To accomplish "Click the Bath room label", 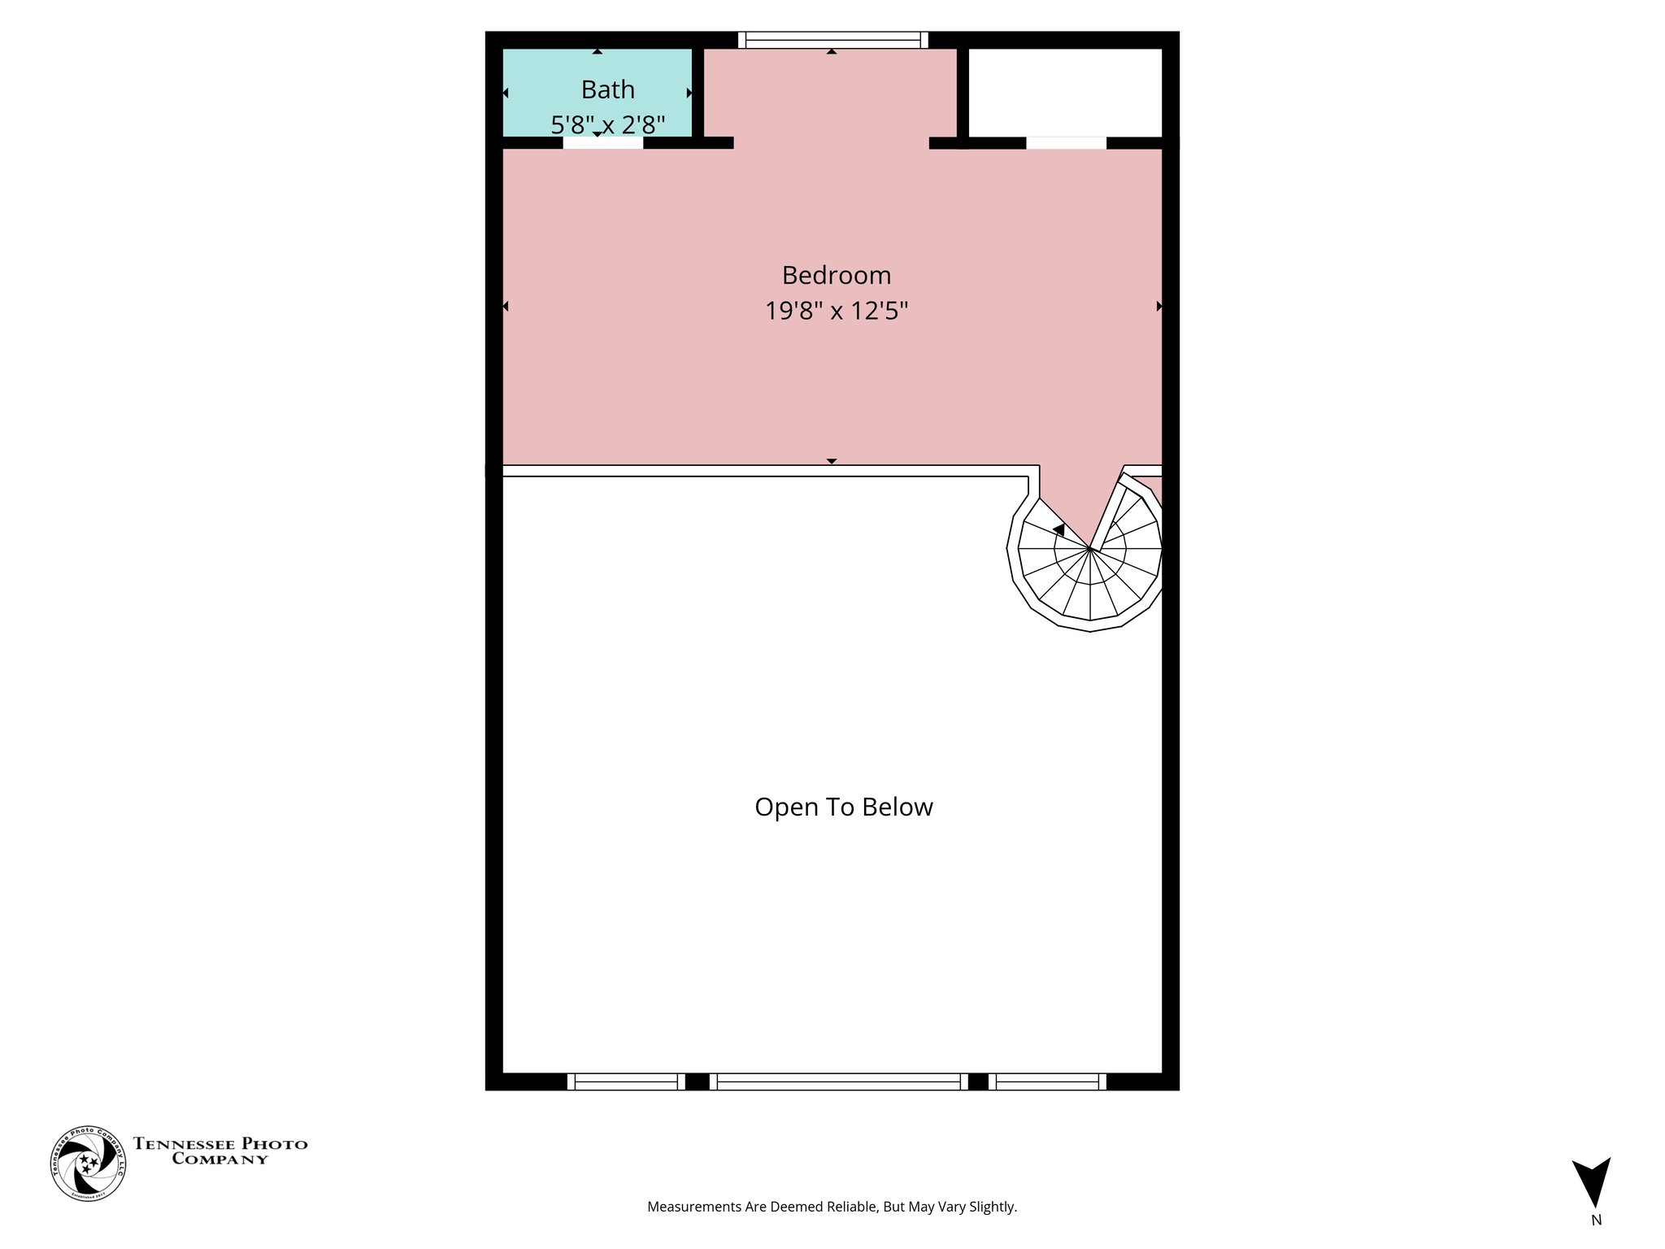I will (x=607, y=89).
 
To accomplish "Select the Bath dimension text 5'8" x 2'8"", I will (x=608, y=125).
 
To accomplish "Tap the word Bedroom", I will (x=836, y=276).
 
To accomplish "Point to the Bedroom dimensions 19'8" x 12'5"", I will (x=836, y=311).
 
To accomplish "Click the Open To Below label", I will (x=843, y=807).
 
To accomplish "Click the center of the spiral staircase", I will (x=1089, y=551).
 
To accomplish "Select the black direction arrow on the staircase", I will (x=1059, y=529).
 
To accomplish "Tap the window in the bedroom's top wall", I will (x=832, y=40).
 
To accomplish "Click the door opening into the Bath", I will (x=602, y=143).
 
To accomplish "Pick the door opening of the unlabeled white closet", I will (x=1066, y=143).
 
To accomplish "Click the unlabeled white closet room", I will (x=1065, y=92).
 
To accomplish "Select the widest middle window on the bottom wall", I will (x=838, y=1081).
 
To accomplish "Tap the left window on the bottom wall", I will (x=626, y=1081).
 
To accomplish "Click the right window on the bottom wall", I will (x=1047, y=1081).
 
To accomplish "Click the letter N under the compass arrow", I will (x=1596, y=1220).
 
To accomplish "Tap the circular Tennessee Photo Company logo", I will (x=88, y=1164).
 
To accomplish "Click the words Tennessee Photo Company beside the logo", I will (x=220, y=1151).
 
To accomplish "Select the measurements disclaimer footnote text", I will (x=832, y=1207).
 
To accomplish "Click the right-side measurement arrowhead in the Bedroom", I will (x=1159, y=307).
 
